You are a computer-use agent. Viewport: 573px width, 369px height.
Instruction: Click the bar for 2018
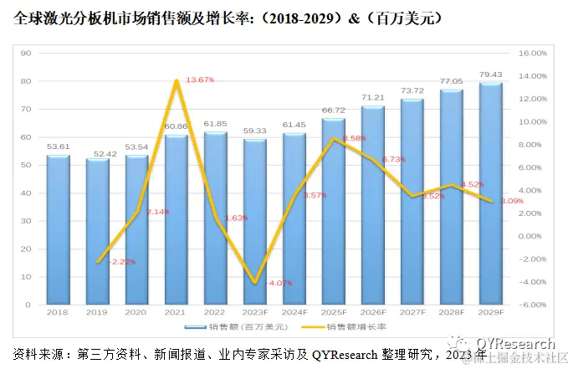(x=58, y=230)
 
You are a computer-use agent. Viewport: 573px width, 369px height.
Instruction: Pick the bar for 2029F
(x=491, y=194)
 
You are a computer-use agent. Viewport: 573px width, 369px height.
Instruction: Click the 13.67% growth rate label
(x=199, y=79)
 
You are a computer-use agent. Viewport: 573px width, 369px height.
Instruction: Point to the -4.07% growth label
(x=278, y=284)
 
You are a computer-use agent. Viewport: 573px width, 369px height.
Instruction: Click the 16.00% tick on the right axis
(x=531, y=53)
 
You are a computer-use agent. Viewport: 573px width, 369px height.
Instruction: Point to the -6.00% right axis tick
(x=531, y=305)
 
